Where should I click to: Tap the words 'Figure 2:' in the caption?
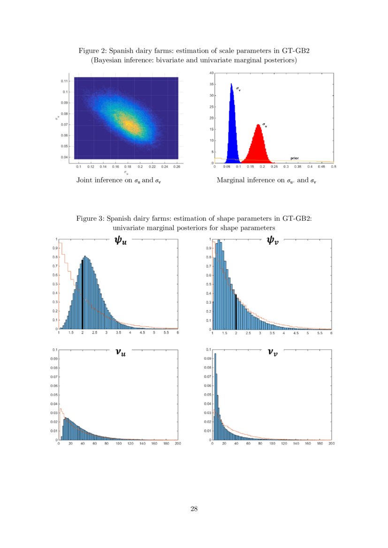click(92, 51)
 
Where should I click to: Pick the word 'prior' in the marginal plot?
click(295, 158)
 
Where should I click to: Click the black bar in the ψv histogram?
click(236, 312)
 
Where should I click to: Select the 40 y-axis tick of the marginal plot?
click(212, 73)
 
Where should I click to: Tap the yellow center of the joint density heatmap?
click(128, 124)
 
